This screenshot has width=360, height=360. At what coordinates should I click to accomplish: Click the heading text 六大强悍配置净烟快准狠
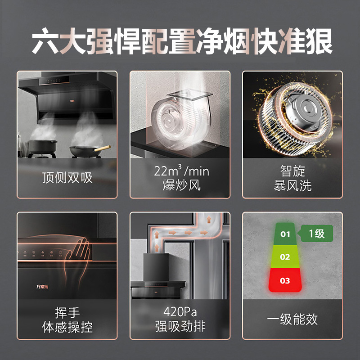pyautogui.click(x=180, y=42)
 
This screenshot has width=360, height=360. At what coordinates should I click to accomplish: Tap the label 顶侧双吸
pyautogui.click(x=67, y=177)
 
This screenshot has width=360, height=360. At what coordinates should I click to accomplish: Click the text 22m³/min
pyautogui.click(x=180, y=171)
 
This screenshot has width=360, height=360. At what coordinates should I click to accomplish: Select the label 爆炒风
pyautogui.click(x=180, y=185)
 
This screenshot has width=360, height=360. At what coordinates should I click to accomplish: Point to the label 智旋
pyautogui.click(x=292, y=171)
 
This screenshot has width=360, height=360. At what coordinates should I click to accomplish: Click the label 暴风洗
pyautogui.click(x=292, y=185)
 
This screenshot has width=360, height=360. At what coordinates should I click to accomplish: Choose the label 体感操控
pyautogui.click(x=67, y=327)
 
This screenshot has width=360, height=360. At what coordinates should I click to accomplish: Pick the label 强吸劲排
pyautogui.click(x=180, y=327)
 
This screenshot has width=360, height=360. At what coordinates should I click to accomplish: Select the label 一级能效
pyautogui.click(x=292, y=319)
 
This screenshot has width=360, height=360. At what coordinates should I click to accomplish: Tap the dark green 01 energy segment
pyautogui.click(x=285, y=234)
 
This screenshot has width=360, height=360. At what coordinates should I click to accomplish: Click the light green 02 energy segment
pyautogui.click(x=285, y=257)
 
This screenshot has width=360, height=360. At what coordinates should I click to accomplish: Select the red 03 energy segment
pyautogui.click(x=285, y=281)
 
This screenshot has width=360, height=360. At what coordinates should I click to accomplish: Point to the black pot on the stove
pyautogui.click(x=43, y=146)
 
